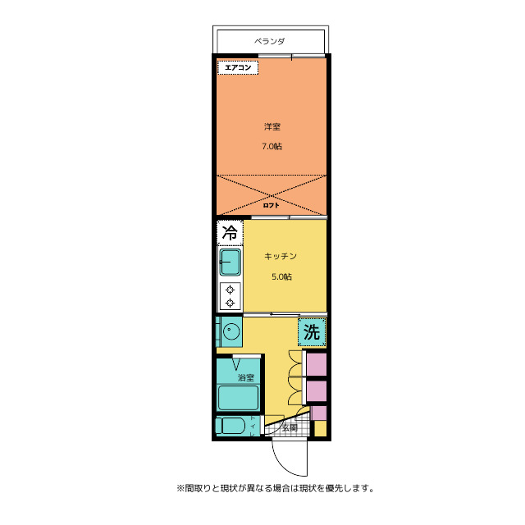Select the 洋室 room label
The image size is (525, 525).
pos(272,126)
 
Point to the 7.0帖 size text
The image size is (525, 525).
pos(272,147)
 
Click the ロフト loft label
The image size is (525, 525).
pos(272,205)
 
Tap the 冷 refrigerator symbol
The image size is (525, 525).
pos(231,232)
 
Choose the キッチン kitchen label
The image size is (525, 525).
pos(280,256)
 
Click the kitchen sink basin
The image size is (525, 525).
pos(231,262)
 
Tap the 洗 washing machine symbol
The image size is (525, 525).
pos(312,331)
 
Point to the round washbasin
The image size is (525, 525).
pos(232,332)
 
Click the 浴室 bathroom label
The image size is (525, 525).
pos(246,378)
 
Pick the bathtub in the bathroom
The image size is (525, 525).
pos(239,398)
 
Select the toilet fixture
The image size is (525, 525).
pos(231,427)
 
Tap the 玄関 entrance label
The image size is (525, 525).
pos(290,427)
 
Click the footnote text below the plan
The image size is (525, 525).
pos(275,487)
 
